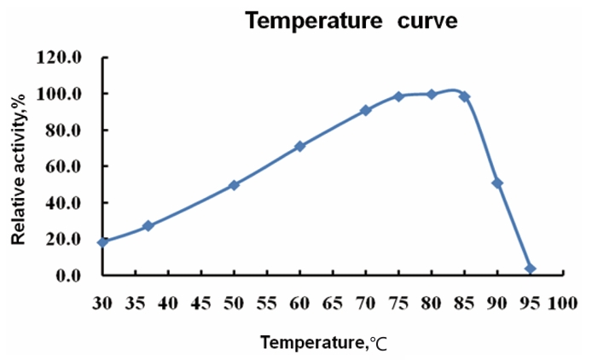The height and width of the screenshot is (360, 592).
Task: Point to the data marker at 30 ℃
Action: (102, 242)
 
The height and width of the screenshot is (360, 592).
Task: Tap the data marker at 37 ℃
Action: (148, 226)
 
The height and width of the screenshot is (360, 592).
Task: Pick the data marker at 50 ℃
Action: (234, 184)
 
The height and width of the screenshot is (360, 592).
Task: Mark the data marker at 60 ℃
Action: (299, 146)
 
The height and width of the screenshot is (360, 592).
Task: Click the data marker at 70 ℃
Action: (365, 110)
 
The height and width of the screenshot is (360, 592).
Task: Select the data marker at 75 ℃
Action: (398, 96)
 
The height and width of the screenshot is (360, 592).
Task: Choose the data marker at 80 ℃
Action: (431, 94)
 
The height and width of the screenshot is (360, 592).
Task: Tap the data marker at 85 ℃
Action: (464, 96)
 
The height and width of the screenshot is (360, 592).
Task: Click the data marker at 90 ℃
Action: (497, 183)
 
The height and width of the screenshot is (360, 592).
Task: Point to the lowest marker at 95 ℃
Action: (530, 269)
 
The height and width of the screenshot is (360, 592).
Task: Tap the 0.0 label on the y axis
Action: (70, 276)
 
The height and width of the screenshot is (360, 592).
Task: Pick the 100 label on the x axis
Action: (562, 301)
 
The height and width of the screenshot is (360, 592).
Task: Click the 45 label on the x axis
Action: (200, 301)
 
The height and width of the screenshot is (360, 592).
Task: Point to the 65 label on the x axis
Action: (333, 301)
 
